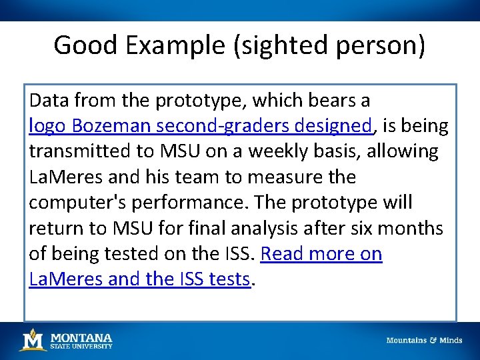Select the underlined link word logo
coord(47,126)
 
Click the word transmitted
coord(81,151)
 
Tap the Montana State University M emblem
coord(32,340)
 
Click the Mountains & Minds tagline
coord(424,341)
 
